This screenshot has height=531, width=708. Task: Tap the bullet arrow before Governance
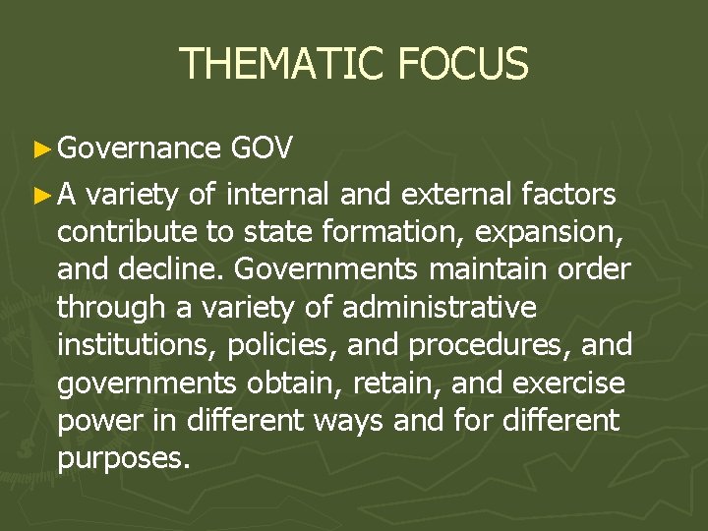pos(40,148)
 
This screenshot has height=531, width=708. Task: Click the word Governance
pos(139,148)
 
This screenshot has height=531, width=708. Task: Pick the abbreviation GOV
pos(261,148)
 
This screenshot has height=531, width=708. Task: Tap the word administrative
pos(440,308)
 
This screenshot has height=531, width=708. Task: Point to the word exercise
pos(577,383)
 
